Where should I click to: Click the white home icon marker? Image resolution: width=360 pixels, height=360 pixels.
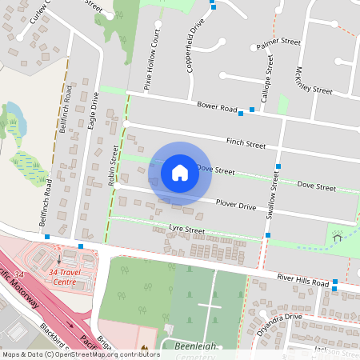180,172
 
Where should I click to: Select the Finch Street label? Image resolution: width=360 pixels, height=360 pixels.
246,144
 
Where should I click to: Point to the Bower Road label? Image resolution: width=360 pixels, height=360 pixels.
218,107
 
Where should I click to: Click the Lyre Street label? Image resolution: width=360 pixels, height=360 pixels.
186,230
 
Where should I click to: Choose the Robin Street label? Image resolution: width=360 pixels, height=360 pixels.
113,165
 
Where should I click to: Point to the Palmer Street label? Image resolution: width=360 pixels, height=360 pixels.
278,45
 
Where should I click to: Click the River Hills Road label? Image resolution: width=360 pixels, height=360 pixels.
303,282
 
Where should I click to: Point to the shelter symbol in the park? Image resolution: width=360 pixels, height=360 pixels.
337,235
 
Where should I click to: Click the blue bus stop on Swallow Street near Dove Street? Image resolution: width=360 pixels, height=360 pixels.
278,166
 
